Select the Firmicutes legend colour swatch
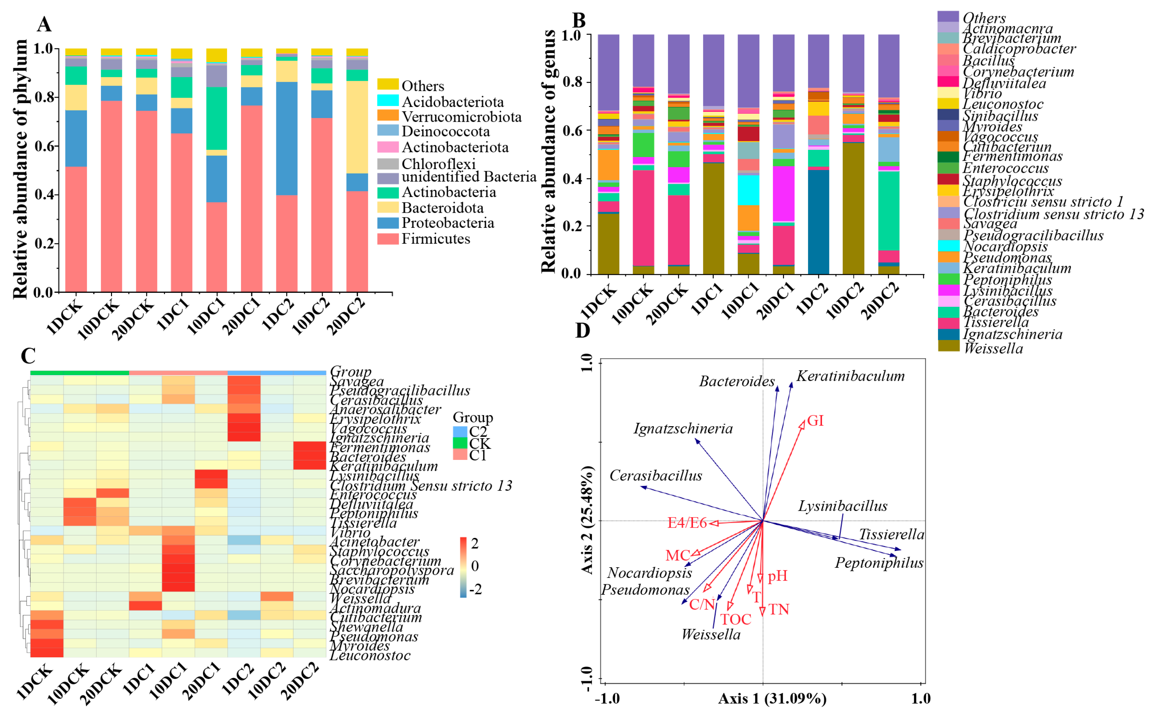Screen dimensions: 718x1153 pyautogui.click(x=387, y=238)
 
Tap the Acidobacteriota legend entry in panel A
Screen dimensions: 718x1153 pyautogui.click(x=452, y=102)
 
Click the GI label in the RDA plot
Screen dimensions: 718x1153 pyautogui.click(x=815, y=421)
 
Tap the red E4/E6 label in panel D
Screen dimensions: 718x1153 pyautogui.click(x=687, y=523)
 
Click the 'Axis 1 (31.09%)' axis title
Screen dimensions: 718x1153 pyautogui.click(x=772, y=699)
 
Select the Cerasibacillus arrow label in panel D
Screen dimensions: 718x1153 pyautogui.click(x=656, y=475)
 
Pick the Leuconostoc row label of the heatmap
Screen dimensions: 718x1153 pyautogui.click(x=370, y=655)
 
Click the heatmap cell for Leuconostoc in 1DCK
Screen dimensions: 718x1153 pyautogui.click(x=47, y=653)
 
